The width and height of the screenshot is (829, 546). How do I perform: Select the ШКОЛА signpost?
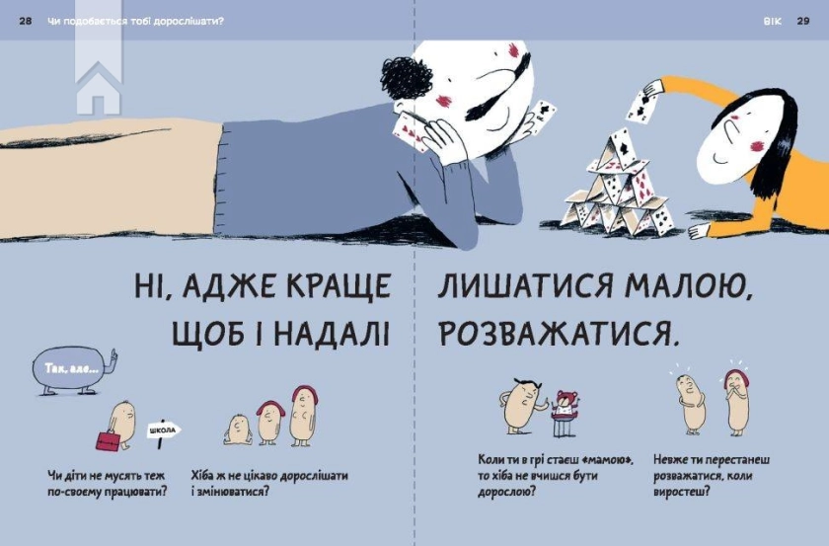165,430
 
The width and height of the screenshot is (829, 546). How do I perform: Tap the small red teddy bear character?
565,408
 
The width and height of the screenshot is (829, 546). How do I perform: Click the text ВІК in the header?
772,21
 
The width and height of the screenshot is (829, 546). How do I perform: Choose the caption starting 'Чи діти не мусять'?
107,483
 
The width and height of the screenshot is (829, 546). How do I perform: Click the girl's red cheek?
759,146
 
